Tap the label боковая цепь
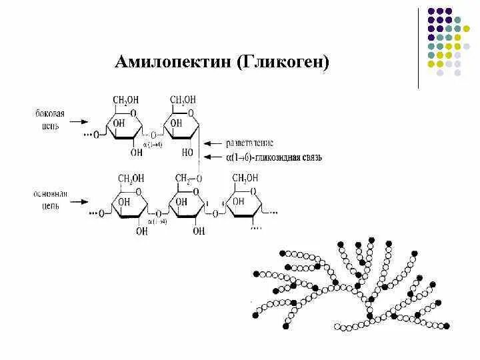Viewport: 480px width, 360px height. [x=51, y=120]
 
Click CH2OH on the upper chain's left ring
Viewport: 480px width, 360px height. [x=127, y=101]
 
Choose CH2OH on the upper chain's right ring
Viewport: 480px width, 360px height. [x=183, y=101]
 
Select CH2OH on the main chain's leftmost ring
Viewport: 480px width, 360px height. [x=131, y=178]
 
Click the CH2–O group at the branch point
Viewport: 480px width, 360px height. [x=187, y=178]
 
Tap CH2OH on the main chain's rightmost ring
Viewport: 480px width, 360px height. [x=245, y=178]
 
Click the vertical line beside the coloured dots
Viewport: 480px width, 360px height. [x=419, y=48]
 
